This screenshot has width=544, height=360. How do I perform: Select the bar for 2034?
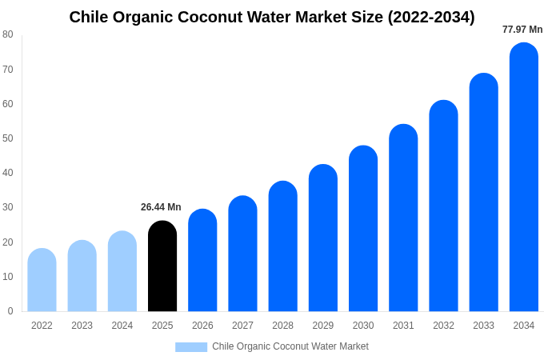coord(524,177)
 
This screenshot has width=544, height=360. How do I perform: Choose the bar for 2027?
coord(242,254)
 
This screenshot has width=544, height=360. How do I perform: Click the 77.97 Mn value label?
coord(522,30)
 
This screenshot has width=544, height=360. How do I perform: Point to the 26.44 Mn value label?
coord(161,207)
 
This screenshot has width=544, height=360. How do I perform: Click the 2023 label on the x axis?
coord(82,326)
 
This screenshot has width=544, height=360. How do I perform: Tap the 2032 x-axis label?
coord(443,326)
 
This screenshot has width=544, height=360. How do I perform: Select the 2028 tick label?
coord(282,326)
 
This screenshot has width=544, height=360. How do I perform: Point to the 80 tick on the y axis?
coord(8,34)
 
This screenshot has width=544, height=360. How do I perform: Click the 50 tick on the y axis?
coord(8,138)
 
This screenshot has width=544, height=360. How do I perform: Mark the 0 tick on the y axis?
coord(10,311)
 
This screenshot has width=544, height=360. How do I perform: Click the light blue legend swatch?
coord(191,347)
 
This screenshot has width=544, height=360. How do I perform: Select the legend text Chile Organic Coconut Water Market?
coord(290,346)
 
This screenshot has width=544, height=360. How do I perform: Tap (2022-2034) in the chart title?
coord(431,17)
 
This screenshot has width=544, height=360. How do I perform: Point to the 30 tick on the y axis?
coord(8,207)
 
